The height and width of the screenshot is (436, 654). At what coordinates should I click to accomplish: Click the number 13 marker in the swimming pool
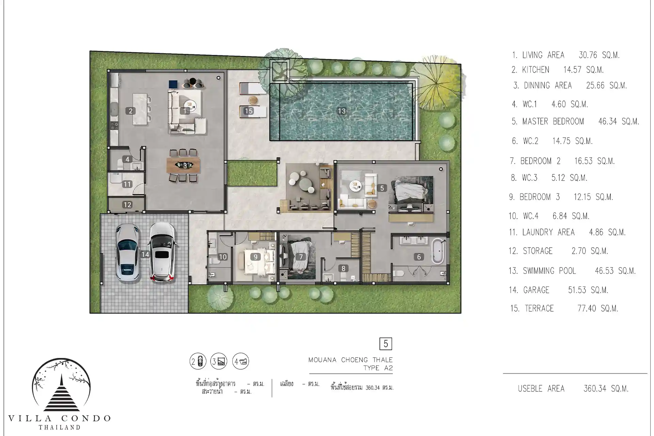point(342,111)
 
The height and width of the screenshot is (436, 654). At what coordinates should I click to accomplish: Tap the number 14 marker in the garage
point(145,254)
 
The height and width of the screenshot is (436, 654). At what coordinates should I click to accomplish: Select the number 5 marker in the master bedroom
point(382,188)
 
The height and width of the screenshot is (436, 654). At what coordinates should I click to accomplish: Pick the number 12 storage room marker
point(127,204)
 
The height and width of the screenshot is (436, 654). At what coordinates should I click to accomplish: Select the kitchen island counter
point(140,109)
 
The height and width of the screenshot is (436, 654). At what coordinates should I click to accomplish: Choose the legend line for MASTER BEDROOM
point(575,121)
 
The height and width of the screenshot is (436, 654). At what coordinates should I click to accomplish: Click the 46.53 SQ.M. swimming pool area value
point(615,271)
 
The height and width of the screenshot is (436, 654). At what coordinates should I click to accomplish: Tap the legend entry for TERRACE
point(564,308)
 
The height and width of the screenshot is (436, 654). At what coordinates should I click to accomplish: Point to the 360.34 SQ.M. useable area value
point(606,389)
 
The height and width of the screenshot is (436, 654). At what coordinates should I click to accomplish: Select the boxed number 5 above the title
point(386,344)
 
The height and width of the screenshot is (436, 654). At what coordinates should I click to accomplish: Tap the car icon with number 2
point(198,361)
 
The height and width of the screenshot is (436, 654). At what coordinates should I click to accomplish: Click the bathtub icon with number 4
point(240,361)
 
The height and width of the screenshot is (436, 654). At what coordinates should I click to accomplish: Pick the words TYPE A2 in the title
point(378,368)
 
